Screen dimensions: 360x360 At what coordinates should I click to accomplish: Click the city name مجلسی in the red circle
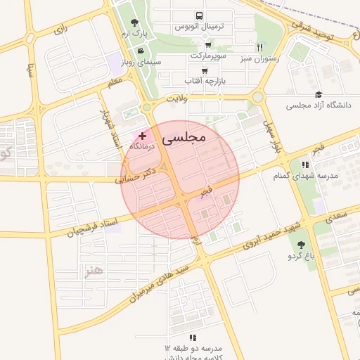184,139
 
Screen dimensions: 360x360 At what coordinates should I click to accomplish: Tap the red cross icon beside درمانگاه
143,135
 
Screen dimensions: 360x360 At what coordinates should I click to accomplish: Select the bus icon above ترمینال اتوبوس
200,15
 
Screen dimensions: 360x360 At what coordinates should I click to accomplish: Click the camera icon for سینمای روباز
141,51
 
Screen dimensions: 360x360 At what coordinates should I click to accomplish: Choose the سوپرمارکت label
210,55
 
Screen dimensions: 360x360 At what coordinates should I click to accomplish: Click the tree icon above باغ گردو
302,245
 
